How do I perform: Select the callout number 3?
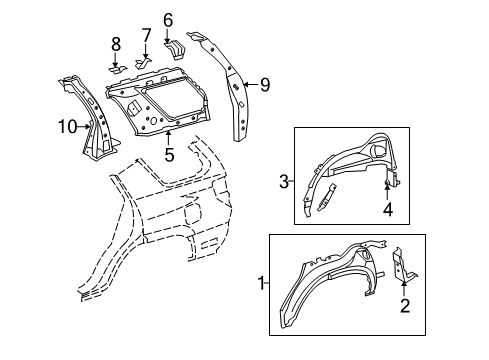tap(285, 181)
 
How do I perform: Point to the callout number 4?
tap(388, 210)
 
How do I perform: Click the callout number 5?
tap(169, 155)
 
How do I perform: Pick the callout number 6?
tap(167, 18)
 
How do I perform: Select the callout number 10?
tap(65, 125)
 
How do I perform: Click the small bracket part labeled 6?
tap(171, 47)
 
